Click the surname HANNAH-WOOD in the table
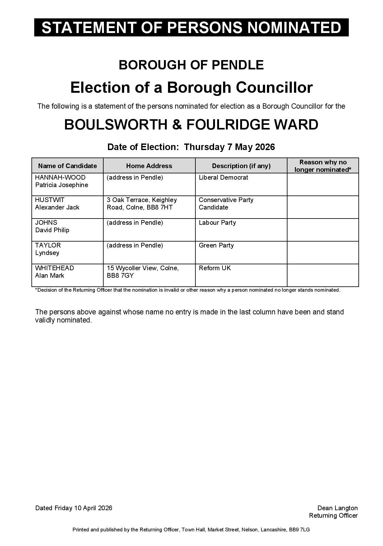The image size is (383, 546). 60,177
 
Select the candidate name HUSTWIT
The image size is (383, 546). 50,200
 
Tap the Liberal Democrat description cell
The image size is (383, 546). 223,177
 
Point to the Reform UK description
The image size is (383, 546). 215,268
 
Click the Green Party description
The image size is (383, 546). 216,245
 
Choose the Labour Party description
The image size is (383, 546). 217,223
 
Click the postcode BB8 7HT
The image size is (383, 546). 160,207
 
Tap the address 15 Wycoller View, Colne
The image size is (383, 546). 142,268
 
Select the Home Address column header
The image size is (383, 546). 149,166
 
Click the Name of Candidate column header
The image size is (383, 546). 68,166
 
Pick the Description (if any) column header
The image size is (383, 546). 241,166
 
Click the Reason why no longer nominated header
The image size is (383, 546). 323,166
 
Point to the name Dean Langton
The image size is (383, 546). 337,508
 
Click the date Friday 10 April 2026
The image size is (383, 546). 83,508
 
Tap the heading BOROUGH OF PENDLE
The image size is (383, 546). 191,65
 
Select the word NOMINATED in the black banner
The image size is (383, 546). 294,27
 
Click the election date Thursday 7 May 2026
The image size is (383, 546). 229,147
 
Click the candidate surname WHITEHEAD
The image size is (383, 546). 54,268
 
